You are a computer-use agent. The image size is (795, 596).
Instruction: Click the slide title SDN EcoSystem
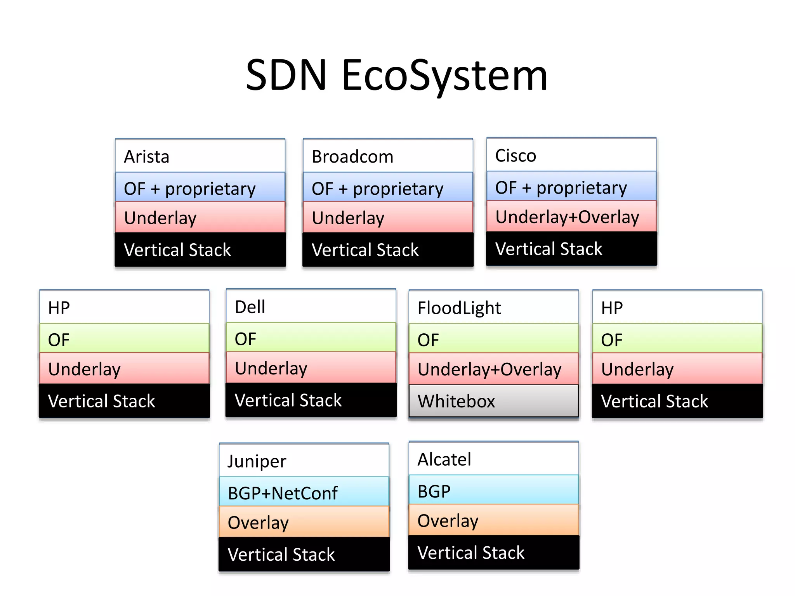[397, 76]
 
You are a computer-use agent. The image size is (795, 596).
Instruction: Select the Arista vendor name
[147, 157]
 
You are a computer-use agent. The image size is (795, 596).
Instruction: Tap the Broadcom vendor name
[352, 157]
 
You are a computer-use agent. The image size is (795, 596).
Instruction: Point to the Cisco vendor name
[516, 156]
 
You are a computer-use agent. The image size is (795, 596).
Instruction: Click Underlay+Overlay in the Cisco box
[567, 217]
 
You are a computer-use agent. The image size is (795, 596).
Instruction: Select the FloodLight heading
[459, 308]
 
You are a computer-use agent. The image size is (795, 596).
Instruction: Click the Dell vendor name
[250, 307]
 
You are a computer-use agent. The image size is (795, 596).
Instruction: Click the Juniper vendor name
[257, 461]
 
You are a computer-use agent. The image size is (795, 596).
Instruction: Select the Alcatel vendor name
[444, 459]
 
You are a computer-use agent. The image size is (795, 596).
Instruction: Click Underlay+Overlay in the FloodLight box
[489, 369]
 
